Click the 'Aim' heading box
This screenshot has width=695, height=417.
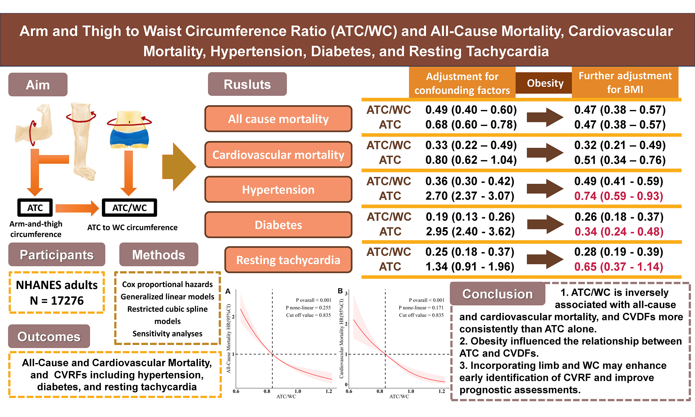[x=38, y=85]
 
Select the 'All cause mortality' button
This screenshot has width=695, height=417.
[x=278, y=119]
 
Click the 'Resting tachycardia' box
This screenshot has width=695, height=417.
[x=288, y=260]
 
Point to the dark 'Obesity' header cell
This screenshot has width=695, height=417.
[x=545, y=83]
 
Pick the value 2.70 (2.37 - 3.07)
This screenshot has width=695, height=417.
[x=470, y=196]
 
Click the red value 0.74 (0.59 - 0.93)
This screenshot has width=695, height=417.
[x=619, y=196]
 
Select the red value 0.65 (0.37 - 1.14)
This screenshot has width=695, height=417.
[x=619, y=266]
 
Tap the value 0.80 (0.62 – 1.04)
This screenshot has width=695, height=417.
[x=471, y=160]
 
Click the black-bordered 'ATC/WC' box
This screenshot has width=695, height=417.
[x=129, y=208]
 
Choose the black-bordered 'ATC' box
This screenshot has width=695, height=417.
[x=35, y=208]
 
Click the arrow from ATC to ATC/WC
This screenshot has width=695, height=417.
[x=77, y=208]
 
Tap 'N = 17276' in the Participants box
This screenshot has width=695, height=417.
[x=57, y=301]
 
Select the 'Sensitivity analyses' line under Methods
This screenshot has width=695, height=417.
[x=168, y=334]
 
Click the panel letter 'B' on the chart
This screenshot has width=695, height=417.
[x=340, y=291]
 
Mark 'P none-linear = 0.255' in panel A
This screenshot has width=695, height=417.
[x=308, y=308]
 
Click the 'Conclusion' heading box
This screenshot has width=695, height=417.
[x=498, y=294]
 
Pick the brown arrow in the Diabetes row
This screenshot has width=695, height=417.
[x=546, y=224]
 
